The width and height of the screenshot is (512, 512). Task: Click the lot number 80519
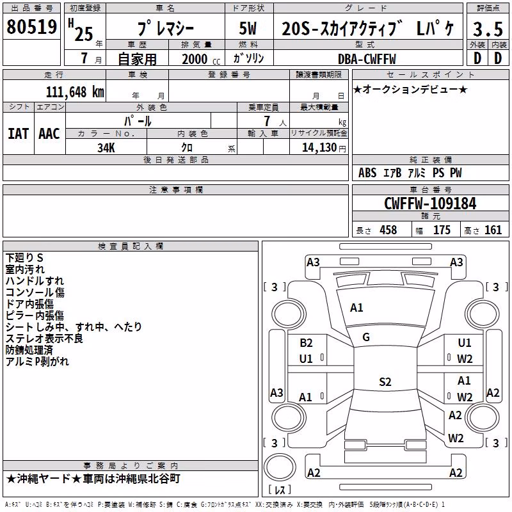31,26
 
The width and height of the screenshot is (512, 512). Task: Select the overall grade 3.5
488,29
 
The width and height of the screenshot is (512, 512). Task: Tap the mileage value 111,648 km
75,92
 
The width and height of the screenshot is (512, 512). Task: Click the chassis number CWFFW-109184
430,204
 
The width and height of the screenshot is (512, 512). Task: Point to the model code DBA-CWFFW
367,59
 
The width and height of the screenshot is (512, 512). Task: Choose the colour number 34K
106,148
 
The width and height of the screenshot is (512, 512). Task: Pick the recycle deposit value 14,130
319,147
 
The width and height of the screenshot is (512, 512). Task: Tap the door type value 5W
248,28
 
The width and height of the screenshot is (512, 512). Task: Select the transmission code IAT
19,134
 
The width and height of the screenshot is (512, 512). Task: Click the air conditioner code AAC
49,134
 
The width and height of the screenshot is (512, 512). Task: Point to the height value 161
493,230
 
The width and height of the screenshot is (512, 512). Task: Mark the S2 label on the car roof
385,381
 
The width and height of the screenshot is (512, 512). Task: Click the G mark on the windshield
366,337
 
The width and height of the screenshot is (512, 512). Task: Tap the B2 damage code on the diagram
306,342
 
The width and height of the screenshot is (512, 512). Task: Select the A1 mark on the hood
356,307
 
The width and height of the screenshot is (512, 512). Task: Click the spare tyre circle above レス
280,467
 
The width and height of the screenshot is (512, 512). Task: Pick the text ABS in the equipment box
367,173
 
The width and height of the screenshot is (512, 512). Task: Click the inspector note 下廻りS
24,258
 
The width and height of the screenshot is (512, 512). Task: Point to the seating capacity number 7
267,121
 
